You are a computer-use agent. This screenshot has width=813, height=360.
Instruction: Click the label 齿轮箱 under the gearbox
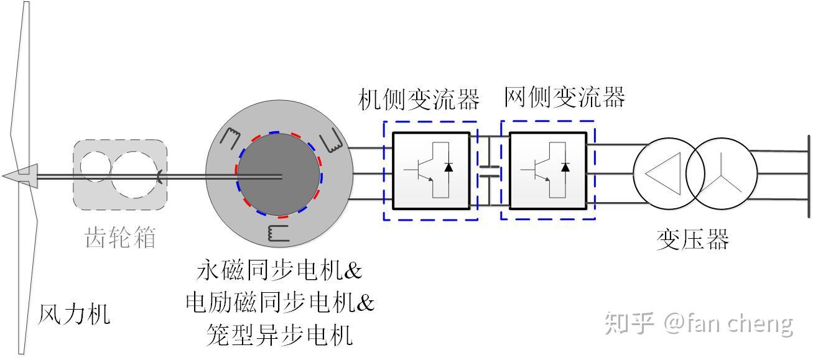[120, 238]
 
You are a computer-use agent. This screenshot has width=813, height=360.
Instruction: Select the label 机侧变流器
[419, 99]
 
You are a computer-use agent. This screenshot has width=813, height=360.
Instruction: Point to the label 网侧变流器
[564, 97]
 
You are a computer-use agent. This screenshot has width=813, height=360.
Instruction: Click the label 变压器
[692, 239]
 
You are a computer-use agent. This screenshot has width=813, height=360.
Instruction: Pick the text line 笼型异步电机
[279, 335]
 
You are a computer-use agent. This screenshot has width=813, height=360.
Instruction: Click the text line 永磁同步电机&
[279, 270]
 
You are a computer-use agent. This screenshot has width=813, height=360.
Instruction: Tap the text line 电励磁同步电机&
[280, 303]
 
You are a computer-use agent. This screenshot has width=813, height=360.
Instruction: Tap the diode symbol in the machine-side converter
[448, 167]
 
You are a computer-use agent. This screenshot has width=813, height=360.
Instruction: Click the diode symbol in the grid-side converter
[565, 167]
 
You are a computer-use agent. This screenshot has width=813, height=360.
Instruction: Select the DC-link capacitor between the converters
[490, 171]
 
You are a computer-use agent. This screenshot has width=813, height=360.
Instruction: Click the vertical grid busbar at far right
[808, 176]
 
